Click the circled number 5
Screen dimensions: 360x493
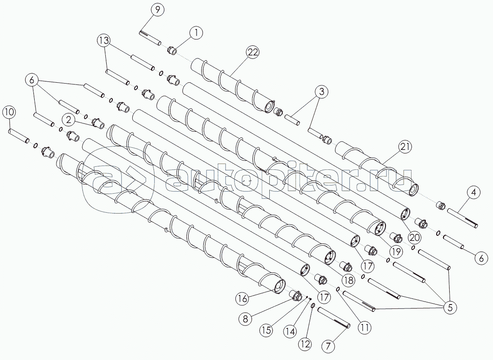(450, 308)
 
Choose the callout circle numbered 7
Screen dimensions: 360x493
(328, 346)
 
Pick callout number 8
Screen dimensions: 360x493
(245, 319)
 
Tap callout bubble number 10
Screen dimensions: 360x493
(10, 112)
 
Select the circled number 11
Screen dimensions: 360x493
(364, 328)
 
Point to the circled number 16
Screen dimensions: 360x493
(243, 298)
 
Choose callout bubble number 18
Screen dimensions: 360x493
(348, 280)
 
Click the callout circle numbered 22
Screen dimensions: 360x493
(252, 52)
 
